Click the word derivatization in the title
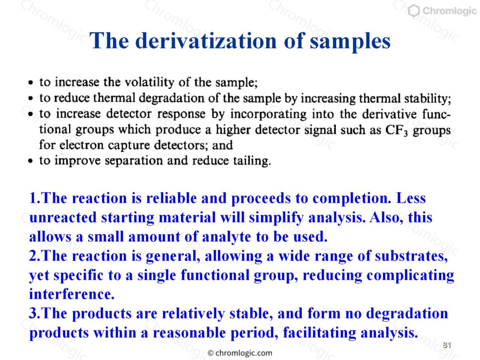[206, 40]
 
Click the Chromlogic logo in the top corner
[442, 11]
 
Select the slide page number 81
[447, 345]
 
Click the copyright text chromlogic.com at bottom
[240, 353]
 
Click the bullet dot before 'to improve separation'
[30, 161]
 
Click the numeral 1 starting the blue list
[33, 198]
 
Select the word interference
[72, 294]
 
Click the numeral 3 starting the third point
[33, 313]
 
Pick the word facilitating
[319, 333]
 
